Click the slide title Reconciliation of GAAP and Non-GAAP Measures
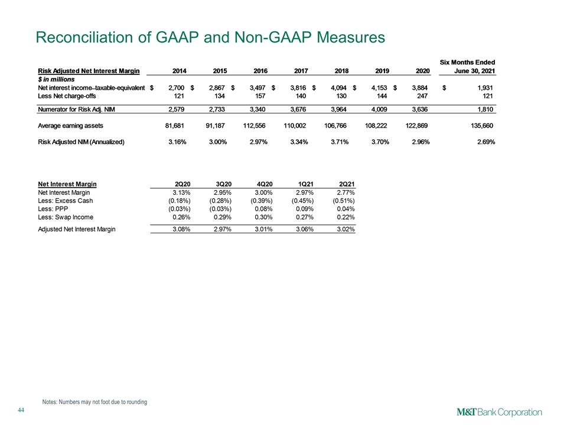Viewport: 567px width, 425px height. point(210,37)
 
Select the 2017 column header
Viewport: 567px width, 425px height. point(301,71)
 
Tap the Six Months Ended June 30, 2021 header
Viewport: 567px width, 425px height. point(467,67)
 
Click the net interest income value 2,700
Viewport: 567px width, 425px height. point(177,88)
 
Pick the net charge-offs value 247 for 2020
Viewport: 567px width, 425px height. point(422,96)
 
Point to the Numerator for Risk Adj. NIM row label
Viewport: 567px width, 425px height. point(76,110)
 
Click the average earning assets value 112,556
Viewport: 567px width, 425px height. point(254,126)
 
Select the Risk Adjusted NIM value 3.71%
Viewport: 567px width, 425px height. point(340,142)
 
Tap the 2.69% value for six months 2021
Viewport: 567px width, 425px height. point(485,142)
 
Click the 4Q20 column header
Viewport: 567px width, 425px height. point(265,184)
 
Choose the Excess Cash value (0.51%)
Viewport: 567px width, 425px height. point(344,201)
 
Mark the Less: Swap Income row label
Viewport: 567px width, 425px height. point(66,217)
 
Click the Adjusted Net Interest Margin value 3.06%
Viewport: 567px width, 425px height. point(305,229)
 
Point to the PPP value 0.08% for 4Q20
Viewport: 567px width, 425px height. point(263,209)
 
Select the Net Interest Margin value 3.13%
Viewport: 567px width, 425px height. point(181,192)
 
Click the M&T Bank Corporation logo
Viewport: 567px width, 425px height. point(500,413)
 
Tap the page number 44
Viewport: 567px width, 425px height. point(21,410)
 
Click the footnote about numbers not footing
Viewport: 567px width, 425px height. point(94,402)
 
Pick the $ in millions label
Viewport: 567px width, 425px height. point(56,80)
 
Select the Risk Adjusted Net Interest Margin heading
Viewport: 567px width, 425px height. point(89,71)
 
